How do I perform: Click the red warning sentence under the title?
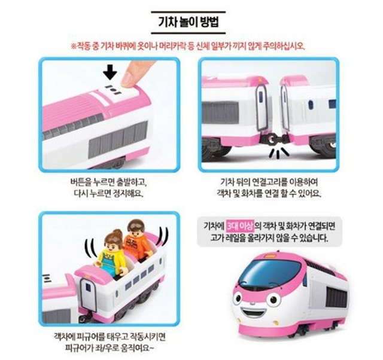click(x=192, y=45)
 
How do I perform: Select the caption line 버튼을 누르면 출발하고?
click(x=108, y=182)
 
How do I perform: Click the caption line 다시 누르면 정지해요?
click(x=108, y=194)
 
